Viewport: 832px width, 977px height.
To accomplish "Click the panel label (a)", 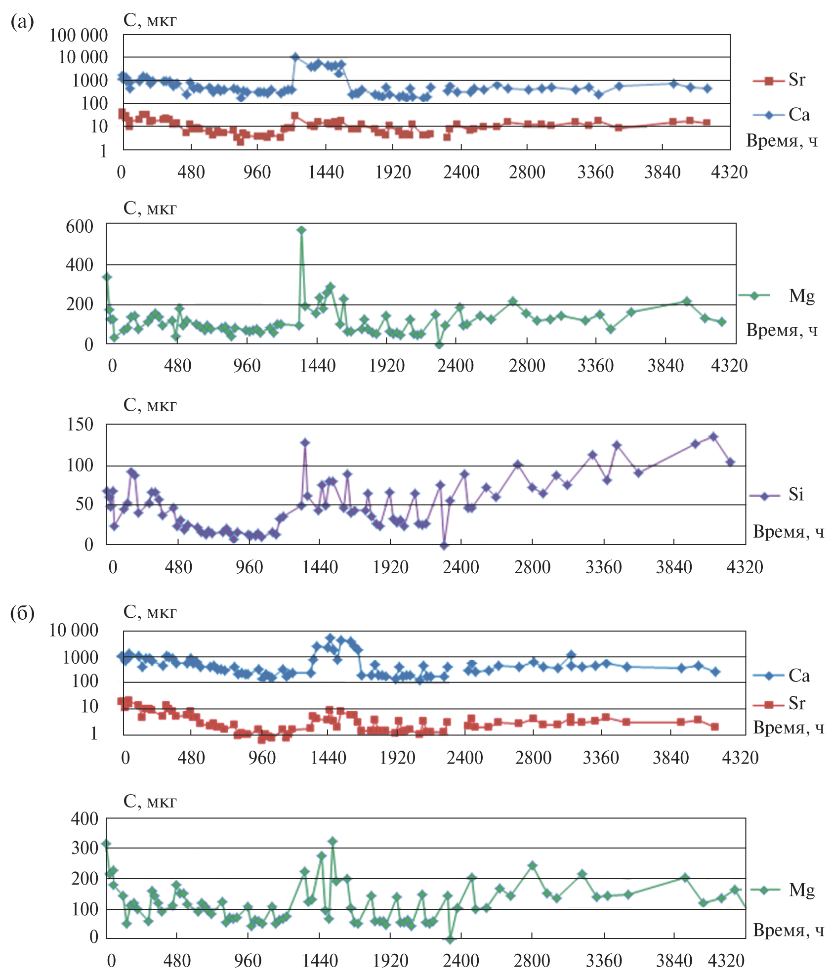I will [22, 22].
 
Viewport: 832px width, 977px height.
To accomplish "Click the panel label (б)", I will [22, 613].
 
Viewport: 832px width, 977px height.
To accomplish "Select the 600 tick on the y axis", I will [80, 227].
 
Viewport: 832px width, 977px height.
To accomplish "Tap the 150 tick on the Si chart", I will [80, 425].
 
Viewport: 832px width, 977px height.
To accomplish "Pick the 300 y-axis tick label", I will [84, 848].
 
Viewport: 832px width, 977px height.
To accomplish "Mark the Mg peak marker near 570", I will [301, 230].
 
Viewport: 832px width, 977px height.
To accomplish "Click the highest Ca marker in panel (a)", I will [295, 57].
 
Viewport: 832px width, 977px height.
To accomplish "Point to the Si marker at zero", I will [444, 546].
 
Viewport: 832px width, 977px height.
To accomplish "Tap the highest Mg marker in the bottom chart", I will [333, 841].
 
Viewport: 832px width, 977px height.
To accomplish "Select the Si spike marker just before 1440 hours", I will [305, 443].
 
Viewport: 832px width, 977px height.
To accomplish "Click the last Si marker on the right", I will [730, 462].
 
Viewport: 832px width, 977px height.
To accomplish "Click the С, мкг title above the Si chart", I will [150, 405].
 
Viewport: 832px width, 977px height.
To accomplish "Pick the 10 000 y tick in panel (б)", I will [74, 630].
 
